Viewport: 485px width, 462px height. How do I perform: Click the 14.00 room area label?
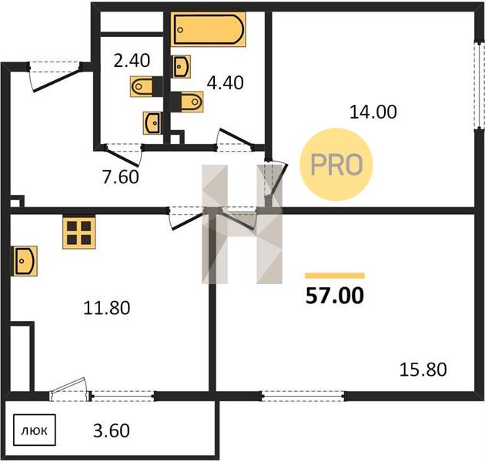point(373,112)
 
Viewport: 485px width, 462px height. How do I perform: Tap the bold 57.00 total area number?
point(335,296)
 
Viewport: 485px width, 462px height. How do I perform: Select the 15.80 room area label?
point(423,370)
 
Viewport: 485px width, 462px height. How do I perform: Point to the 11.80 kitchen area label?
point(107,308)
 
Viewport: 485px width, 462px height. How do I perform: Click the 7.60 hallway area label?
point(121,178)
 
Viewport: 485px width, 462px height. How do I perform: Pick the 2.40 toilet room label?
point(132,61)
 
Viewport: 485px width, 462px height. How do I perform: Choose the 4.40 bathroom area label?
point(225,83)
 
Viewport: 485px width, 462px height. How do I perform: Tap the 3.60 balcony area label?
point(112,430)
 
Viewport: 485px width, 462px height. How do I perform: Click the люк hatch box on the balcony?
point(35,430)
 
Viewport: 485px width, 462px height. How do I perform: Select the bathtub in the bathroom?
point(209,29)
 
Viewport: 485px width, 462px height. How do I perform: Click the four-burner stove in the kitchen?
point(79,233)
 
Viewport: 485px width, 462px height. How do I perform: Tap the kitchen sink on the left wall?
point(25,261)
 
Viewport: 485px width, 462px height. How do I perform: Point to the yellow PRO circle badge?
point(336,165)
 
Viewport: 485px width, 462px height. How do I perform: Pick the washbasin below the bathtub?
point(182,66)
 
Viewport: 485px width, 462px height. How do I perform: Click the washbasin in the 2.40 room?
point(152,123)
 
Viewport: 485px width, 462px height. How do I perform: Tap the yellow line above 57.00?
point(335,276)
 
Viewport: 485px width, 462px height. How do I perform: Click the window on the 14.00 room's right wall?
point(480,85)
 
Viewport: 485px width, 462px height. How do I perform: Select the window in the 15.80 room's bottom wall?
point(303,396)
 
